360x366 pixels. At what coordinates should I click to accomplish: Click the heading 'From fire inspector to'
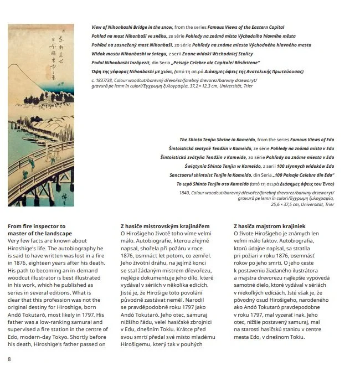37,226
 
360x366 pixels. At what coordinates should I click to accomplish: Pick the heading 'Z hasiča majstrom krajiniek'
269,226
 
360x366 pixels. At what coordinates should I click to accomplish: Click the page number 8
9,359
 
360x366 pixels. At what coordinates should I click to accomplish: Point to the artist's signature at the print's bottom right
68,194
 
